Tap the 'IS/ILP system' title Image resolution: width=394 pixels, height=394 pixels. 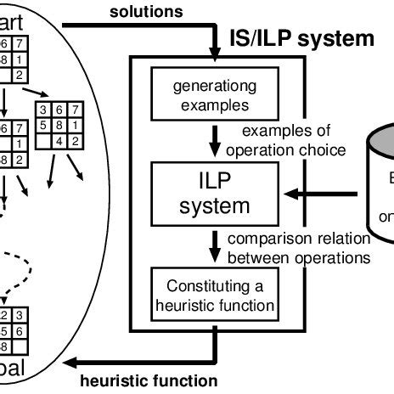301,38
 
